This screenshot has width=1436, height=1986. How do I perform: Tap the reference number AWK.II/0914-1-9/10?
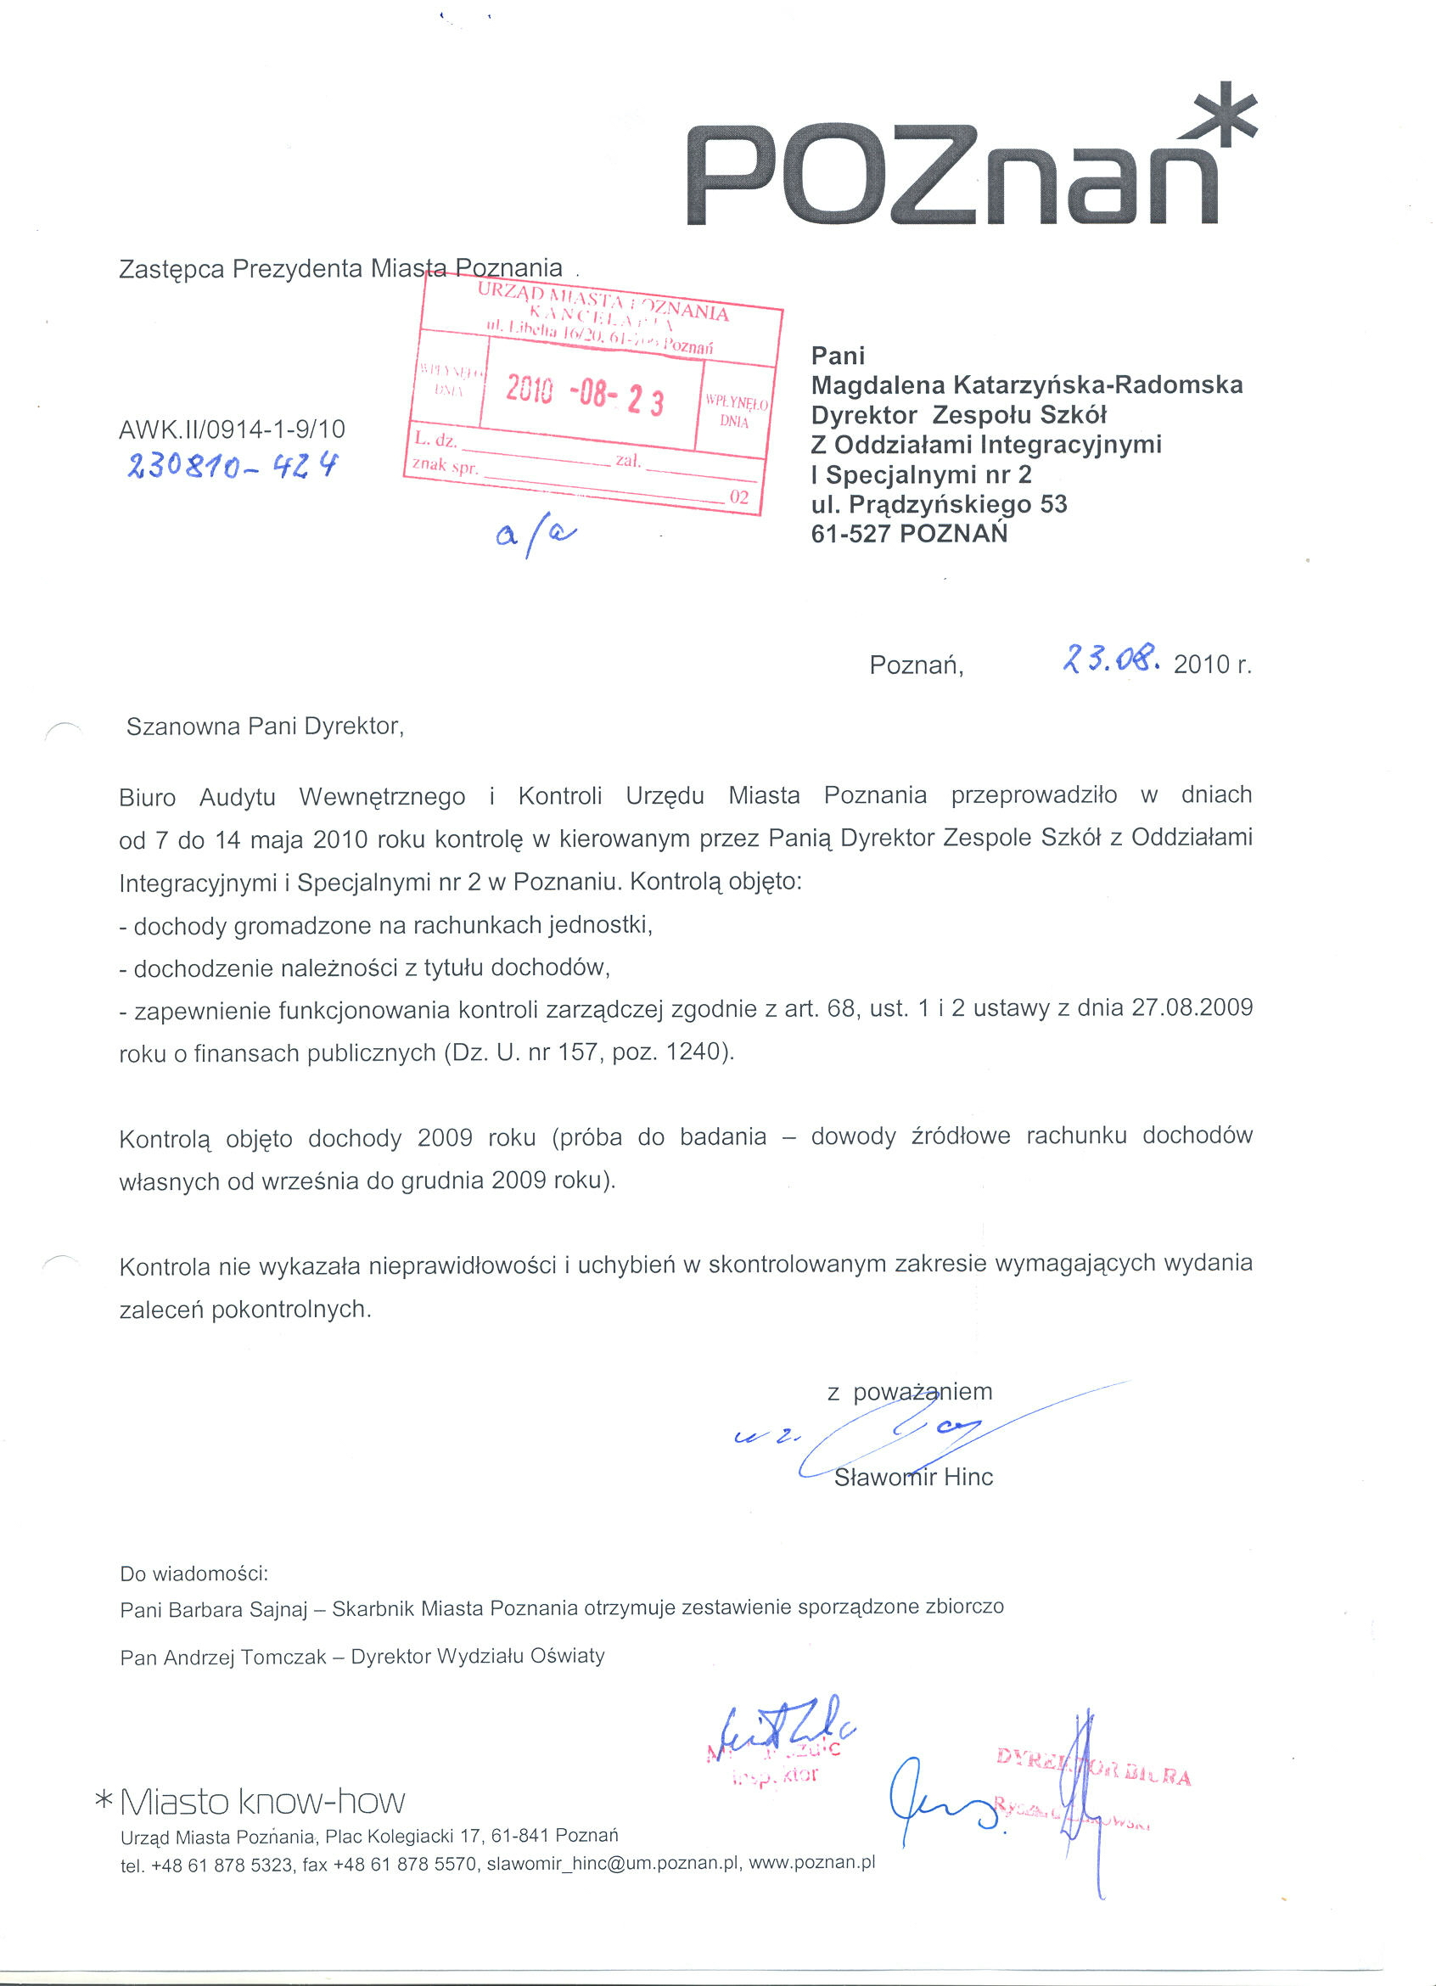click(232, 429)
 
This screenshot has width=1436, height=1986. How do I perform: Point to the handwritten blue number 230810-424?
click(232, 466)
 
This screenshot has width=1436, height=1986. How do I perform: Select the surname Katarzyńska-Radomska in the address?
click(1098, 385)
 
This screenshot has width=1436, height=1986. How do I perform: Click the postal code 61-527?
click(850, 534)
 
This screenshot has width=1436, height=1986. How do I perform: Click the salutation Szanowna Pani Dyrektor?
click(265, 727)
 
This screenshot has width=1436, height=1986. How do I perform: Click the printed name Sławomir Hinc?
click(913, 1478)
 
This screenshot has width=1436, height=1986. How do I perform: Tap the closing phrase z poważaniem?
click(910, 1391)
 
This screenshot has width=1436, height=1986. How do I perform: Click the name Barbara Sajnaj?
click(238, 1609)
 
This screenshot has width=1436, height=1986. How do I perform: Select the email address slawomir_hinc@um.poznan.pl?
click(612, 1865)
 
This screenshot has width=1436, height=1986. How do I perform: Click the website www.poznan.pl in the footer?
click(811, 1863)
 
